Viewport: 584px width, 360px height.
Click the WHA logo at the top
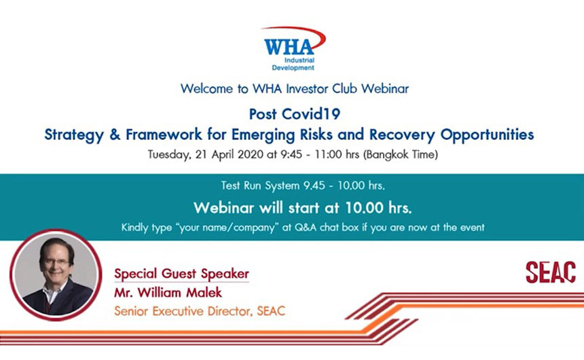[x=293, y=48]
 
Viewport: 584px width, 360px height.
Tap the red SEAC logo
[x=551, y=272]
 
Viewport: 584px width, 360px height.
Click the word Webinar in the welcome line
[x=385, y=89]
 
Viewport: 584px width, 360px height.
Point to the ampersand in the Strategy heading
[x=115, y=134]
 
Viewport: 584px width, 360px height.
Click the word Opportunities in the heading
[x=487, y=134]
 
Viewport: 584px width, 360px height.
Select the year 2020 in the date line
[x=251, y=154]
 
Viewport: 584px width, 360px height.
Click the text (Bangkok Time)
[x=401, y=154]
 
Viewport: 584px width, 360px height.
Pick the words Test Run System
[x=260, y=185]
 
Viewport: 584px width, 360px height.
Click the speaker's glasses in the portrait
[x=56, y=262]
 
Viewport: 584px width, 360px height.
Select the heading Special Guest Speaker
[x=181, y=274]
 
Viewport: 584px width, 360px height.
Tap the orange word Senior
[x=132, y=311]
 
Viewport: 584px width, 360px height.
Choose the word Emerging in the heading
[x=263, y=135]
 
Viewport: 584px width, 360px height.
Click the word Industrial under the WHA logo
[x=299, y=60]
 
